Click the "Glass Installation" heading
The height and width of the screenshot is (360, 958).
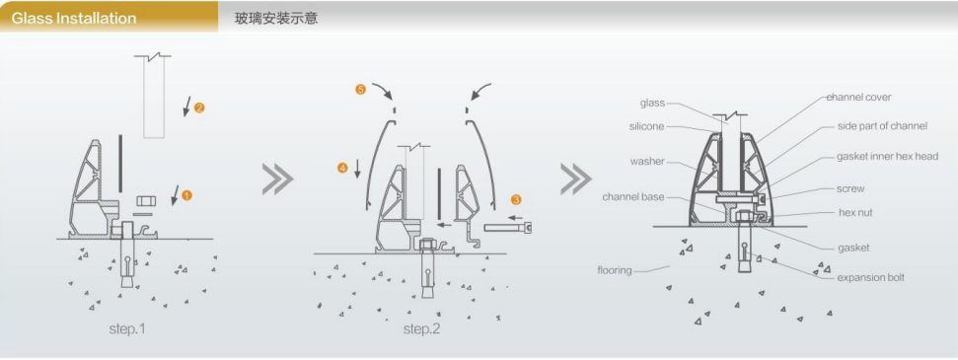pos(74,19)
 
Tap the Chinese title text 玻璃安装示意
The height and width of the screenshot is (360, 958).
pos(276,18)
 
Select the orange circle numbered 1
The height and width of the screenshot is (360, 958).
pos(186,195)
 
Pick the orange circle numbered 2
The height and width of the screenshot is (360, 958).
pos(199,108)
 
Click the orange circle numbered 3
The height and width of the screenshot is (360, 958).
pos(516,199)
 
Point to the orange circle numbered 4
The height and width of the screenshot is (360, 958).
pos(342,167)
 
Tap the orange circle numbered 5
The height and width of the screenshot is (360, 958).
pos(360,89)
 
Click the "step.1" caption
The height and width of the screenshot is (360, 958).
pos(127,328)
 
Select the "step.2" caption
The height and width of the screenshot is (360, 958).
pos(421,328)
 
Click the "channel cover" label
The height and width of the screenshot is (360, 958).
pos(858,98)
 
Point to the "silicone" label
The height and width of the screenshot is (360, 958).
pos(646,126)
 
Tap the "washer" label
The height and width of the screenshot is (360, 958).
pos(647,162)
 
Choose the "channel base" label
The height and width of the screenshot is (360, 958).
pos(633,197)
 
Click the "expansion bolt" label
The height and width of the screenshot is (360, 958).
pos(870,277)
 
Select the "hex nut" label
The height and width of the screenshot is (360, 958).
pos(855,213)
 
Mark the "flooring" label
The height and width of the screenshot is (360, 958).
pos(615,270)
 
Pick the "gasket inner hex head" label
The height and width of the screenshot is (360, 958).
pos(887,157)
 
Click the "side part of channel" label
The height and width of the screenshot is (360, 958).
pos(882,126)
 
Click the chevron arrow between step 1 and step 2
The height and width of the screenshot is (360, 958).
pos(278,180)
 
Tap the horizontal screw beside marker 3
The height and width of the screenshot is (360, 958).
pos(508,228)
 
